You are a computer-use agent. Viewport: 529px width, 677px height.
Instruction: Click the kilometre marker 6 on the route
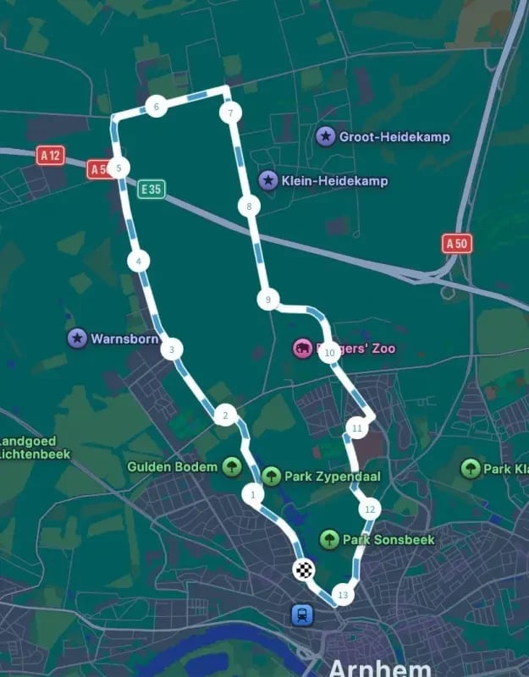(x=156, y=107)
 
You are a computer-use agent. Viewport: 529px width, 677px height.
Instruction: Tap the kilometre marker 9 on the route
(x=267, y=300)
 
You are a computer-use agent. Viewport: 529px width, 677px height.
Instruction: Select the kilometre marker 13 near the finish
(x=342, y=595)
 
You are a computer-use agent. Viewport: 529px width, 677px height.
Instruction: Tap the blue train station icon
(x=300, y=614)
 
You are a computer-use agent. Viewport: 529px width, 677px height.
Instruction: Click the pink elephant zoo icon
(x=302, y=349)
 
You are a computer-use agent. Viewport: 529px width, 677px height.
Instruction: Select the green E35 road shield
(x=152, y=189)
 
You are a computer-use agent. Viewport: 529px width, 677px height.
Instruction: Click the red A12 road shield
(x=51, y=155)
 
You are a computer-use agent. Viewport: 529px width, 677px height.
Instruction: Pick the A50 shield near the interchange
(x=457, y=244)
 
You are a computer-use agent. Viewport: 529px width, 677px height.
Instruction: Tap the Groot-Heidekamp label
(x=394, y=136)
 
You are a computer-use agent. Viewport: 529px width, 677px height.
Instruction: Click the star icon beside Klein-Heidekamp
(x=268, y=180)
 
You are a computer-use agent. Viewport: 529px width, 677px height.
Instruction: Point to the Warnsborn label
(x=124, y=338)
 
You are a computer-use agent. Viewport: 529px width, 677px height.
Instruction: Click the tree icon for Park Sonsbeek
(x=330, y=539)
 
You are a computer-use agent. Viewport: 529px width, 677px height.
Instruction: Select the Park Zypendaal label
(x=332, y=476)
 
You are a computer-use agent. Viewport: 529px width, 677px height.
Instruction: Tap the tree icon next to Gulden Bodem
(x=231, y=466)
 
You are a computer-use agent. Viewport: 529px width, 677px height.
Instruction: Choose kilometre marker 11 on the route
(x=356, y=429)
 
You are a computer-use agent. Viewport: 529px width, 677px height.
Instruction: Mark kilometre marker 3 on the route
(x=172, y=349)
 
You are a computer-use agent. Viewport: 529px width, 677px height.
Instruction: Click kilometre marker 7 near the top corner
(x=229, y=113)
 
